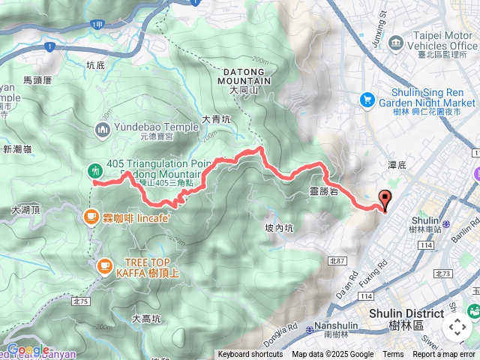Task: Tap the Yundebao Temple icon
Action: tap(103, 130)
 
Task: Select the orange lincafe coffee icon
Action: tap(91, 217)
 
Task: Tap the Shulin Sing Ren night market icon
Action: tap(367, 98)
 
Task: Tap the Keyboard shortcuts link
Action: tap(250, 355)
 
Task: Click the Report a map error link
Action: tap(445, 355)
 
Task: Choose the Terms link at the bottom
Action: tap(393, 355)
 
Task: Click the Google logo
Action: tap(28, 349)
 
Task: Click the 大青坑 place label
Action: tap(217, 118)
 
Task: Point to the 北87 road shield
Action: tap(337, 260)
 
